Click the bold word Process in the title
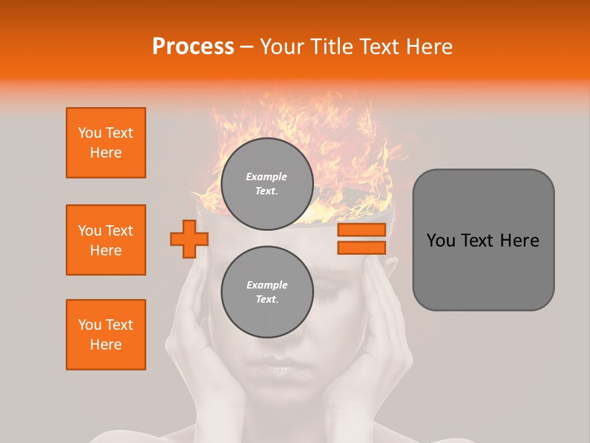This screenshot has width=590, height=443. (193, 46)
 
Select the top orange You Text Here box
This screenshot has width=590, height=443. (106, 143)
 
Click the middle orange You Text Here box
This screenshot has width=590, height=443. (106, 240)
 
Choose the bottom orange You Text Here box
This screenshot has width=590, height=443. (106, 335)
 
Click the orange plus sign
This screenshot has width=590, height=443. (189, 239)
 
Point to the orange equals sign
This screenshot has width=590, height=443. (361, 239)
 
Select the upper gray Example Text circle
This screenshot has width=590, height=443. (267, 183)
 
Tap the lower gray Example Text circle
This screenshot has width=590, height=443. (267, 292)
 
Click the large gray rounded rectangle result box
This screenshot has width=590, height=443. (483, 240)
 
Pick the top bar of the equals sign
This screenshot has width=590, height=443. (361, 230)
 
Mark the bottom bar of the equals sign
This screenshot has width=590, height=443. (361, 247)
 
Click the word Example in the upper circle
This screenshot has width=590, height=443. (267, 177)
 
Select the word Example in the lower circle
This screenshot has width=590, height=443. (267, 285)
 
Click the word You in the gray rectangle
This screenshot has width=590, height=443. (440, 241)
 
